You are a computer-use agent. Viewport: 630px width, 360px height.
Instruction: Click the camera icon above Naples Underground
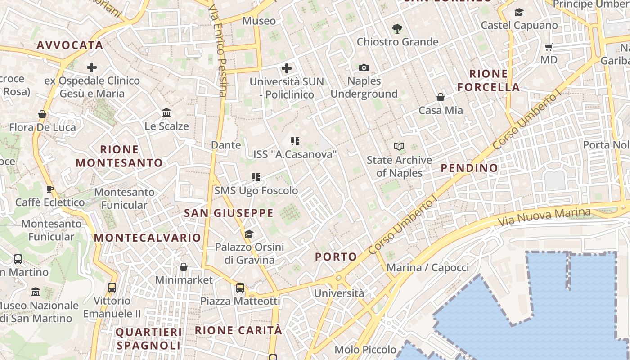(364, 68)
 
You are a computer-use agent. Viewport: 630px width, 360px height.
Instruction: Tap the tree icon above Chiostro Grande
(397, 29)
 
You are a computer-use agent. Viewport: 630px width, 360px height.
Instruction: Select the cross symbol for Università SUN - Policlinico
(287, 68)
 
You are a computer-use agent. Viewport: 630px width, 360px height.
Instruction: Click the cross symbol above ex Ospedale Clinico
(92, 67)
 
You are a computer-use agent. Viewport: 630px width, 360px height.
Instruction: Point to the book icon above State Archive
(399, 146)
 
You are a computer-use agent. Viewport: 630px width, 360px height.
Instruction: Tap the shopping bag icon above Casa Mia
(441, 97)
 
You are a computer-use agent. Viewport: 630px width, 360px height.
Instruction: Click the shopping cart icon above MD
(549, 47)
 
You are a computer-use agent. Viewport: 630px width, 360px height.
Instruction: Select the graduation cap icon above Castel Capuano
(519, 12)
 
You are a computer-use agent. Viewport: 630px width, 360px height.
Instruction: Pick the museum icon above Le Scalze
(166, 112)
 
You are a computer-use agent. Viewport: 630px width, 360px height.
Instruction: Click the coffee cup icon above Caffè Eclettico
(50, 189)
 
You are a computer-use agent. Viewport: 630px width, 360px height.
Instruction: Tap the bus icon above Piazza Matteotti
(240, 288)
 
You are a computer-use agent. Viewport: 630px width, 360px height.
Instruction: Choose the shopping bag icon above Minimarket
(184, 267)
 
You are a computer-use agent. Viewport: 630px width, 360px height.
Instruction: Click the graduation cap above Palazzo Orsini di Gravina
(249, 234)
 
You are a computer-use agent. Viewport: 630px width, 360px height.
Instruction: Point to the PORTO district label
(336, 257)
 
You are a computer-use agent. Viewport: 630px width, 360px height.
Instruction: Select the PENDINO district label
(469, 168)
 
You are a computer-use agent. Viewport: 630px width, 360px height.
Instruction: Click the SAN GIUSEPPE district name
(229, 213)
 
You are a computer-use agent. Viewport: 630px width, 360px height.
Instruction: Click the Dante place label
(226, 145)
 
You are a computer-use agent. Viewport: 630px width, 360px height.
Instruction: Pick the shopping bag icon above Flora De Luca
(42, 114)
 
